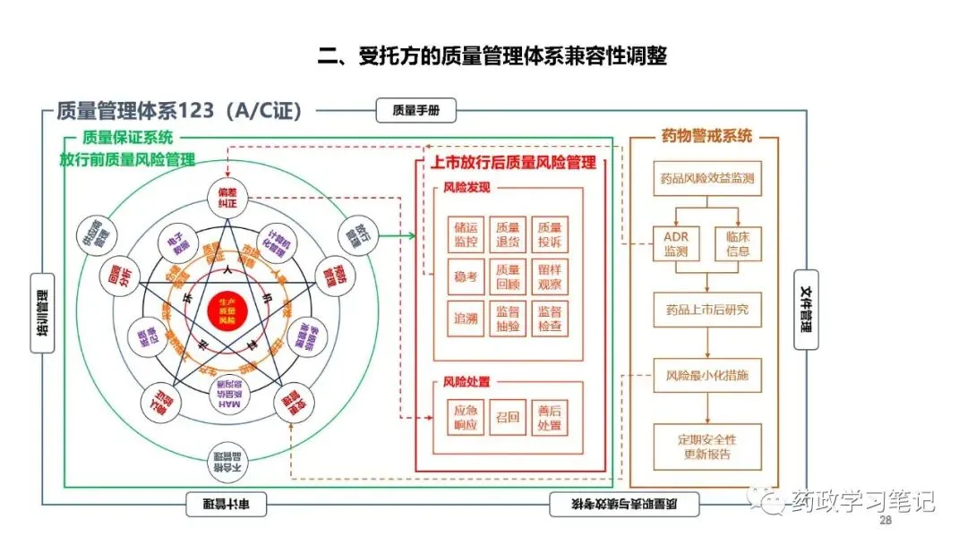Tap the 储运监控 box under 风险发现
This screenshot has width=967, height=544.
click(466, 234)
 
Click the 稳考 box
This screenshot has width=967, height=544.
click(466, 276)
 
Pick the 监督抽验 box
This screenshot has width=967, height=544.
click(508, 319)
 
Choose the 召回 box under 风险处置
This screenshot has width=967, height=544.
click(508, 418)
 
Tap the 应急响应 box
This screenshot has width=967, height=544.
click(466, 418)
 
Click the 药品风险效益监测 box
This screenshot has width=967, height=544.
click(706, 178)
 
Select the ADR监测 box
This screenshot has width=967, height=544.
click(677, 243)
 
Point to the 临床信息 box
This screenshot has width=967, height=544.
click(737, 243)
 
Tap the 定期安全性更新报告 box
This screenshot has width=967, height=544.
click(706, 446)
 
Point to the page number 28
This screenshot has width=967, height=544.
click(886, 522)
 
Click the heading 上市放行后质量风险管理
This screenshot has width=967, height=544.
click(513, 163)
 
